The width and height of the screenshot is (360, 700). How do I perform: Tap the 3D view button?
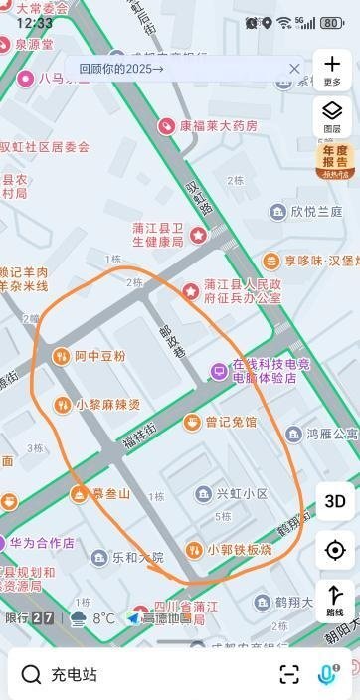point(335,501)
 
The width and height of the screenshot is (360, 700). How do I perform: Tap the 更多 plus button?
point(332,68)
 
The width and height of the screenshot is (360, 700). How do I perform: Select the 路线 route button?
point(335,600)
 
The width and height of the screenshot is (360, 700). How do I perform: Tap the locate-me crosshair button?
point(335,550)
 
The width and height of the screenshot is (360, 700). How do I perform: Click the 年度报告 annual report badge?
point(335,160)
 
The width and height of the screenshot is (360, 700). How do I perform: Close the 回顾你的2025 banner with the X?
point(294,69)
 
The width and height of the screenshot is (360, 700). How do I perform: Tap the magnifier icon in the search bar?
point(31,675)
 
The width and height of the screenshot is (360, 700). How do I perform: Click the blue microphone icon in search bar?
point(325,674)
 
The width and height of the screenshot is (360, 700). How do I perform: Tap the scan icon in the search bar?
point(289,675)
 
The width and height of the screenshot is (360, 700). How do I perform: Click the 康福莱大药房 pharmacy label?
point(218,126)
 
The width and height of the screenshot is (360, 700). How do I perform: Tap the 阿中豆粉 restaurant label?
point(99,356)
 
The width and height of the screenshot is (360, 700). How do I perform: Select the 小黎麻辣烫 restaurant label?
point(107,405)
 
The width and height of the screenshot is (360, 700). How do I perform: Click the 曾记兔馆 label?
point(230,423)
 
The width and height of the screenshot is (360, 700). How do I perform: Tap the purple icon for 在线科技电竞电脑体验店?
point(218,371)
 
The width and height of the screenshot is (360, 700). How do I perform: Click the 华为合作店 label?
point(42,544)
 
